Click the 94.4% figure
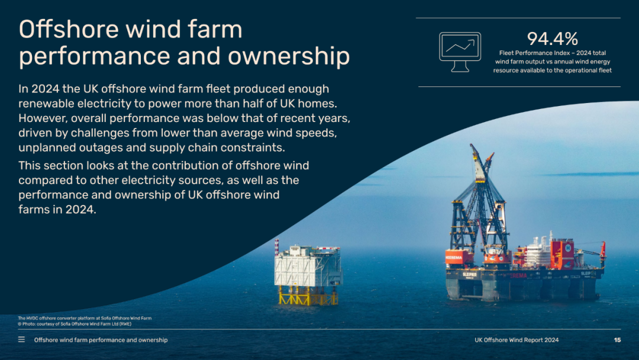[552, 39]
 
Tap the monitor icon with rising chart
[460, 52]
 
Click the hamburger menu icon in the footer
[22, 340]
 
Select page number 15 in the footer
[617, 340]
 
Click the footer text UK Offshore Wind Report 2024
[517, 340]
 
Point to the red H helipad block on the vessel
[563, 255]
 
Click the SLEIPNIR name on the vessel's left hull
[469, 275]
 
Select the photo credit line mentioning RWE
[75, 324]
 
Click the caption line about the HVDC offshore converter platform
[85, 318]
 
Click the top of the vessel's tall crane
[472, 146]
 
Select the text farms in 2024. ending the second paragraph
[57, 210]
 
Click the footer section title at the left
[101, 340]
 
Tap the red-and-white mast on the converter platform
[277, 247]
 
